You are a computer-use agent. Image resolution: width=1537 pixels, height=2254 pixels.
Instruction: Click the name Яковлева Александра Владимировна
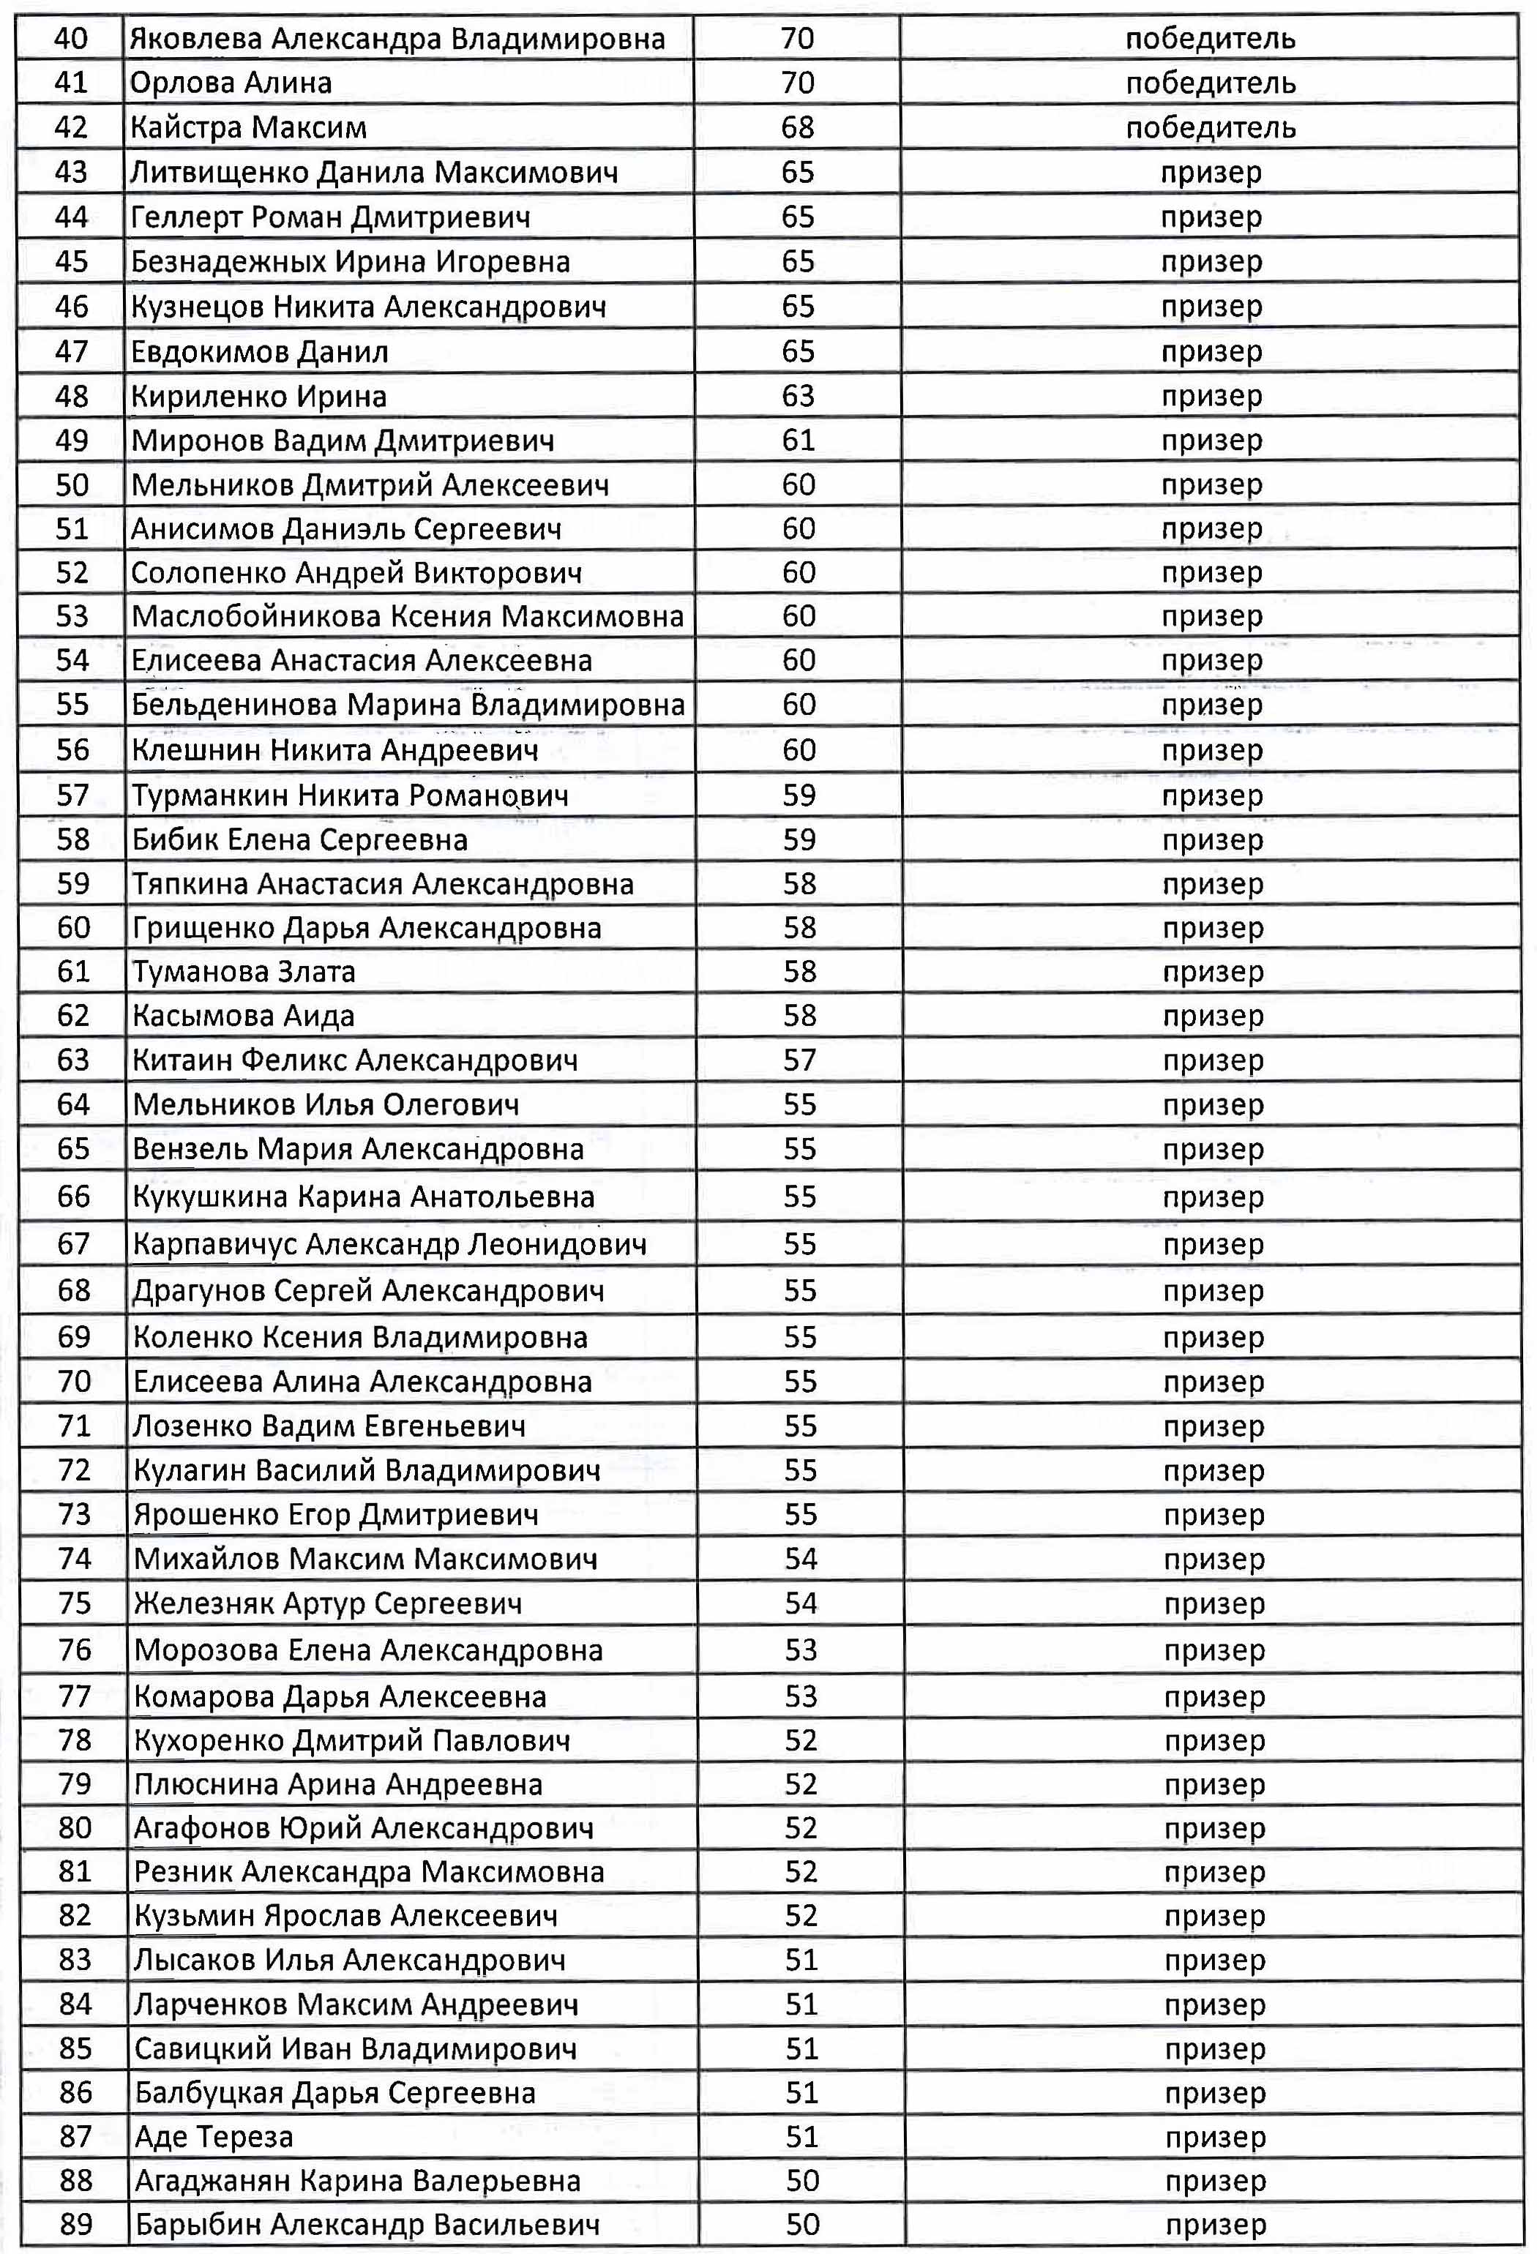(x=397, y=39)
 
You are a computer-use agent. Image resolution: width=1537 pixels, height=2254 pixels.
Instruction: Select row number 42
(x=72, y=127)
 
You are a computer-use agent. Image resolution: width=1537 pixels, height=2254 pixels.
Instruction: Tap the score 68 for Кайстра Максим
(x=797, y=127)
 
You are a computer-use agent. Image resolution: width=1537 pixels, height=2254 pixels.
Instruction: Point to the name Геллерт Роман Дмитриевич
(x=331, y=217)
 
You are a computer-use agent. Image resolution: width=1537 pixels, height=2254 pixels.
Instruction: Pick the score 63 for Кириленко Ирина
(x=797, y=396)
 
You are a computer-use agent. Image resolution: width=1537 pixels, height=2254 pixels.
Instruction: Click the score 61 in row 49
(x=797, y=441)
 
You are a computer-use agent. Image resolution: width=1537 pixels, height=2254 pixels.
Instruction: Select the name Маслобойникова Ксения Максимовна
(x=407, y=616)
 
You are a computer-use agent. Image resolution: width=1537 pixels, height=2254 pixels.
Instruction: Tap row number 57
(x=72, y=795)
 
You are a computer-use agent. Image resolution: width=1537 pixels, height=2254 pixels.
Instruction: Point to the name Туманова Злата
(x=244, y=971)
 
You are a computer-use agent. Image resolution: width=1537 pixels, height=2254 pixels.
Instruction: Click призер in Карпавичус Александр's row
(x=1213, y=1243)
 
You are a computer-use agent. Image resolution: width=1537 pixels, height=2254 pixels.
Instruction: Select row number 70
(x=74, y=1381)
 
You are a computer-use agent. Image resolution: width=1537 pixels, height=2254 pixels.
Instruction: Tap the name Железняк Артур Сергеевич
(x=328, y=1603)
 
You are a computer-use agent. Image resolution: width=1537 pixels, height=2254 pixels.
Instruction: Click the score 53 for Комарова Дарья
(x=801, y=1696)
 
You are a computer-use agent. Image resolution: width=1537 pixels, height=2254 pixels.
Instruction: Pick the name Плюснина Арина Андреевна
(x=338, y=1785)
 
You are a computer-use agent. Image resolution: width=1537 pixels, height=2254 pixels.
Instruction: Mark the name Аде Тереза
(x=213, y=2137)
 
